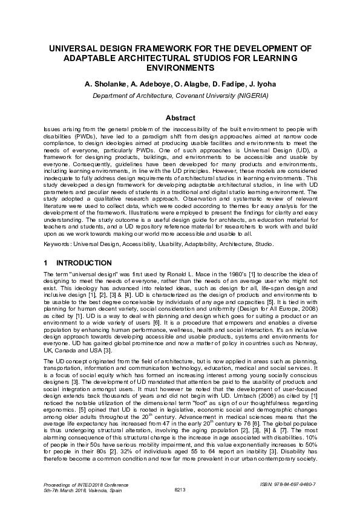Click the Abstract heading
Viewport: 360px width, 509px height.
180,117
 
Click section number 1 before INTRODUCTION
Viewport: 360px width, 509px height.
46,263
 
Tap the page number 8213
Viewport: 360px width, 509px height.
180,490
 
